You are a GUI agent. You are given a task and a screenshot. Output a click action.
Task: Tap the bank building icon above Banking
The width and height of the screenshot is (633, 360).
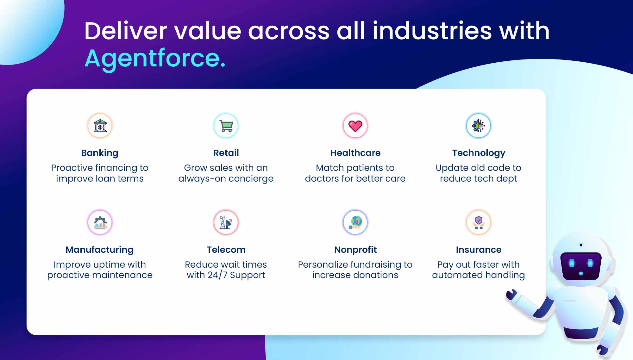point(100,126)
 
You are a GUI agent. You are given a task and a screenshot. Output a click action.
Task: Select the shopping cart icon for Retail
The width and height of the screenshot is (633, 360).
point(226,126)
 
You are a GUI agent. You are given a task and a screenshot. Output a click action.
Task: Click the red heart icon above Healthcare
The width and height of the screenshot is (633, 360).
point(355,126)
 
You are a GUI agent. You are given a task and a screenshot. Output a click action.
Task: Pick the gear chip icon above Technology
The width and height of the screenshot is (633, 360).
point(479,126)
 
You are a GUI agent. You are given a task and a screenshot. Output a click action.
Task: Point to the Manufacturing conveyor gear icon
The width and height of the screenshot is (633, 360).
point(100,222)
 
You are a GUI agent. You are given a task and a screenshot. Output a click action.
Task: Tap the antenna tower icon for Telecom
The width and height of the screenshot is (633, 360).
point(226,222)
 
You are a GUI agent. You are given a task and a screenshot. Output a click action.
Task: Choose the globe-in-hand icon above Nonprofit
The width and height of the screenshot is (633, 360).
point(355,222)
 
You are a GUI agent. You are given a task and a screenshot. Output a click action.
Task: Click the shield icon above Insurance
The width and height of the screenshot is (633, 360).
point(479,222)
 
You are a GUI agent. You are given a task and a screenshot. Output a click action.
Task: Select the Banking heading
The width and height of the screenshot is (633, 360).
point(100,153)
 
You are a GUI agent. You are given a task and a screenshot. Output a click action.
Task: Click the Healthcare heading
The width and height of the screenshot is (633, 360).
point(355,153)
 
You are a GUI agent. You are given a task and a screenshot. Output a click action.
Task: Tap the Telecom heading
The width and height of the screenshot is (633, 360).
point(226,250)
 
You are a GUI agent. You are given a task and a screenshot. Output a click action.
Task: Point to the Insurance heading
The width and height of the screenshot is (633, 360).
point(479,250)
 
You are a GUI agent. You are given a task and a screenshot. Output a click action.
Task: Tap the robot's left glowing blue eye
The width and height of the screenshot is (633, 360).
point(572,263)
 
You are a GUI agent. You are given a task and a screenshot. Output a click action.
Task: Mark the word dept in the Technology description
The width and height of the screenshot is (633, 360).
point(506,179)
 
